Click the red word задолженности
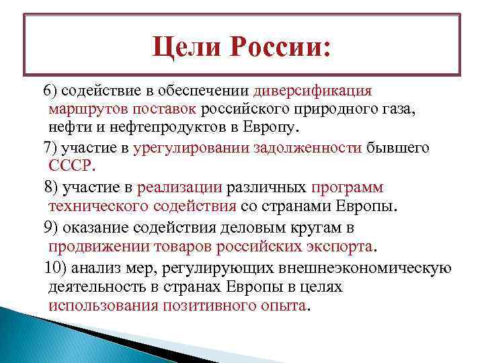[307, 147]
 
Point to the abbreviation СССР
[73, 165]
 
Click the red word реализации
[179, 186]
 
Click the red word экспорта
[336, 246]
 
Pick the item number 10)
[56, 268]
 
